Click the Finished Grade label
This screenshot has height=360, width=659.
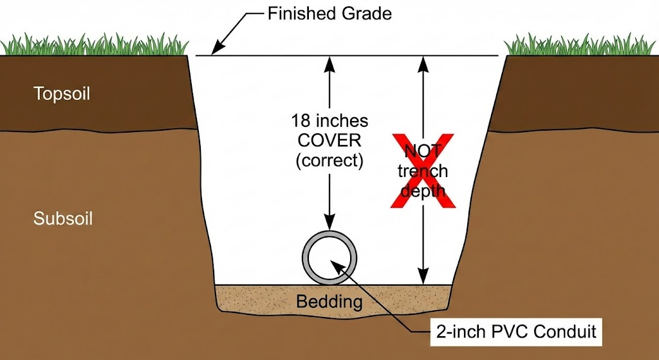coord(329,14)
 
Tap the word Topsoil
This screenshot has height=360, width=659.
coord(62,94)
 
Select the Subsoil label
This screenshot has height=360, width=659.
coord(63,219)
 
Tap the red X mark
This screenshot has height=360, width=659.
coord(423,171)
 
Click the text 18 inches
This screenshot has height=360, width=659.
coord(329,120)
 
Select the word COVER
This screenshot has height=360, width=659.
coord(329,140)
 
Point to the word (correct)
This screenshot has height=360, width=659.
coord(329,160)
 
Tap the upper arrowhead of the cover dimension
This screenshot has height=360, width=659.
coord(330,62)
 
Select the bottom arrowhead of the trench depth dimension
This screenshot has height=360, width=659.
coord(423,278)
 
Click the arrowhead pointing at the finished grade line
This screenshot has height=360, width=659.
coord(217,48)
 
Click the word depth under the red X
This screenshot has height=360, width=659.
coord(423,191)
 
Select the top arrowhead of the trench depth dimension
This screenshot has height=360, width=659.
coord(423,62)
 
